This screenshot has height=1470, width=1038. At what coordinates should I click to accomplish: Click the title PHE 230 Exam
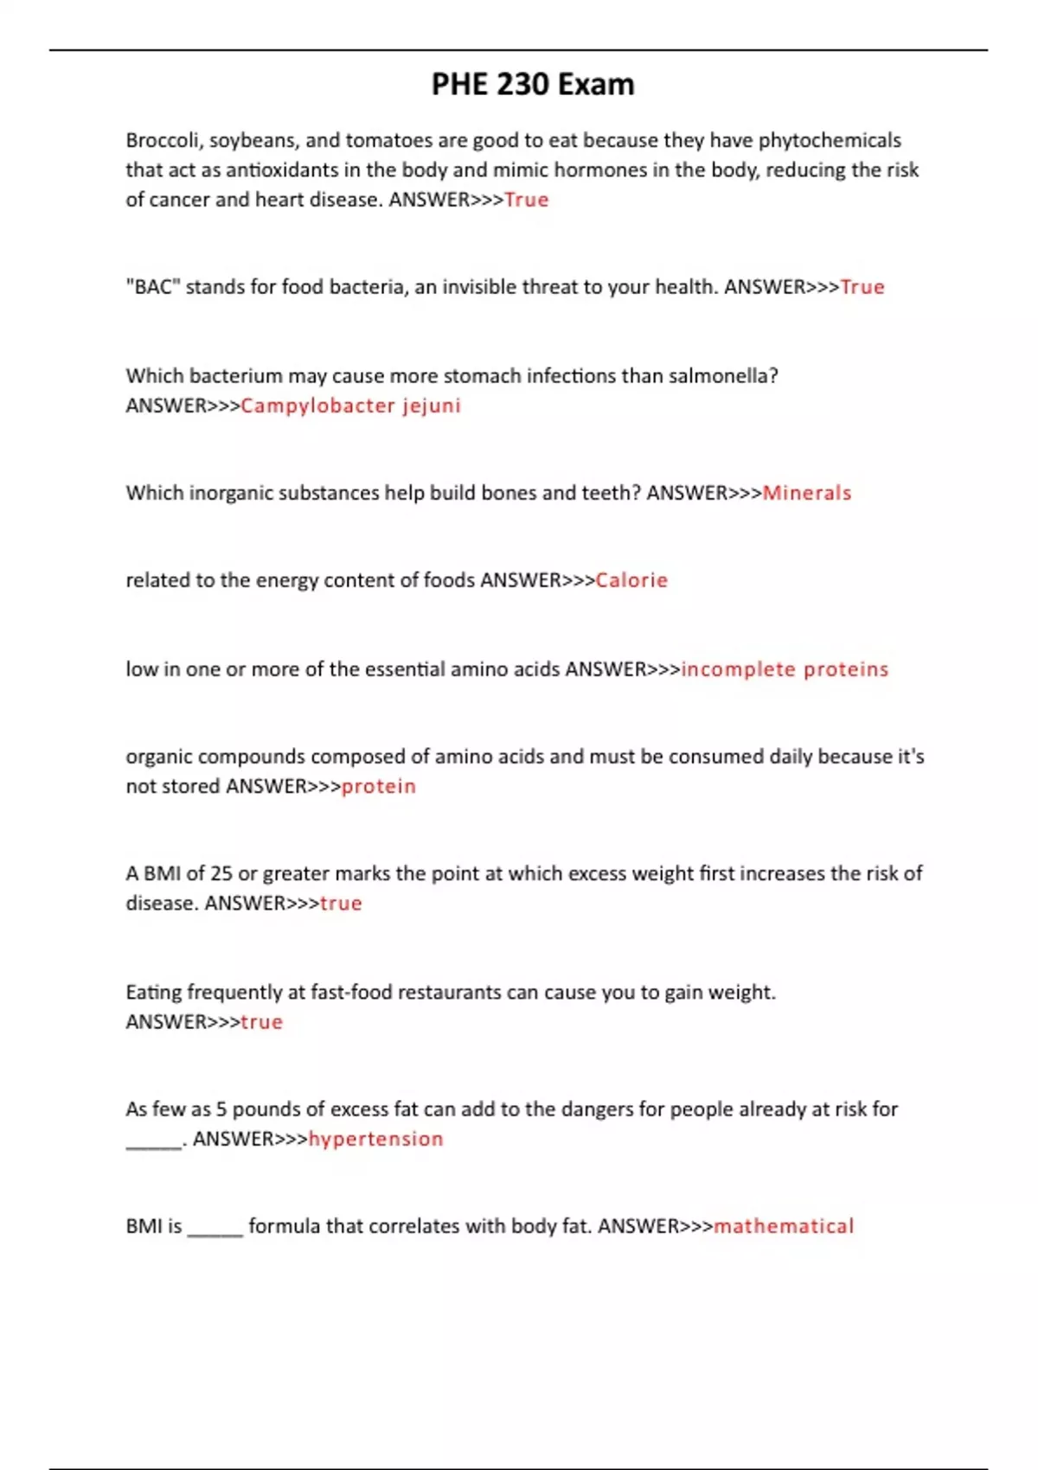point(533,85)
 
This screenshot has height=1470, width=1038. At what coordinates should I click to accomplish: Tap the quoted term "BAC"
point(152,287)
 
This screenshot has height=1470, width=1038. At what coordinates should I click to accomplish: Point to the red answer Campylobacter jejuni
point(350,406)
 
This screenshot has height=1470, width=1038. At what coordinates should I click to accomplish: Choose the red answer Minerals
point(807,493)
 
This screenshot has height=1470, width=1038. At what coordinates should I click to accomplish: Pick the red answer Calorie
point(631,580)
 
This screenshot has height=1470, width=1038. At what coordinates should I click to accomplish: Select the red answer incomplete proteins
point(785,669)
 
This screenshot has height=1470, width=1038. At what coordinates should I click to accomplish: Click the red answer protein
point(379,786)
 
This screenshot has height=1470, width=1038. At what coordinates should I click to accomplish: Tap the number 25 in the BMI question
point(221,873)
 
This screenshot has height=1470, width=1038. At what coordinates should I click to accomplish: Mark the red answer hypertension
point(375,1139)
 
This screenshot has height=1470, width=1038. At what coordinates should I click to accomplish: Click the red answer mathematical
point(784,1226)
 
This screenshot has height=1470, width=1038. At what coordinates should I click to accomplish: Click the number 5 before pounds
point(221,1109)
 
